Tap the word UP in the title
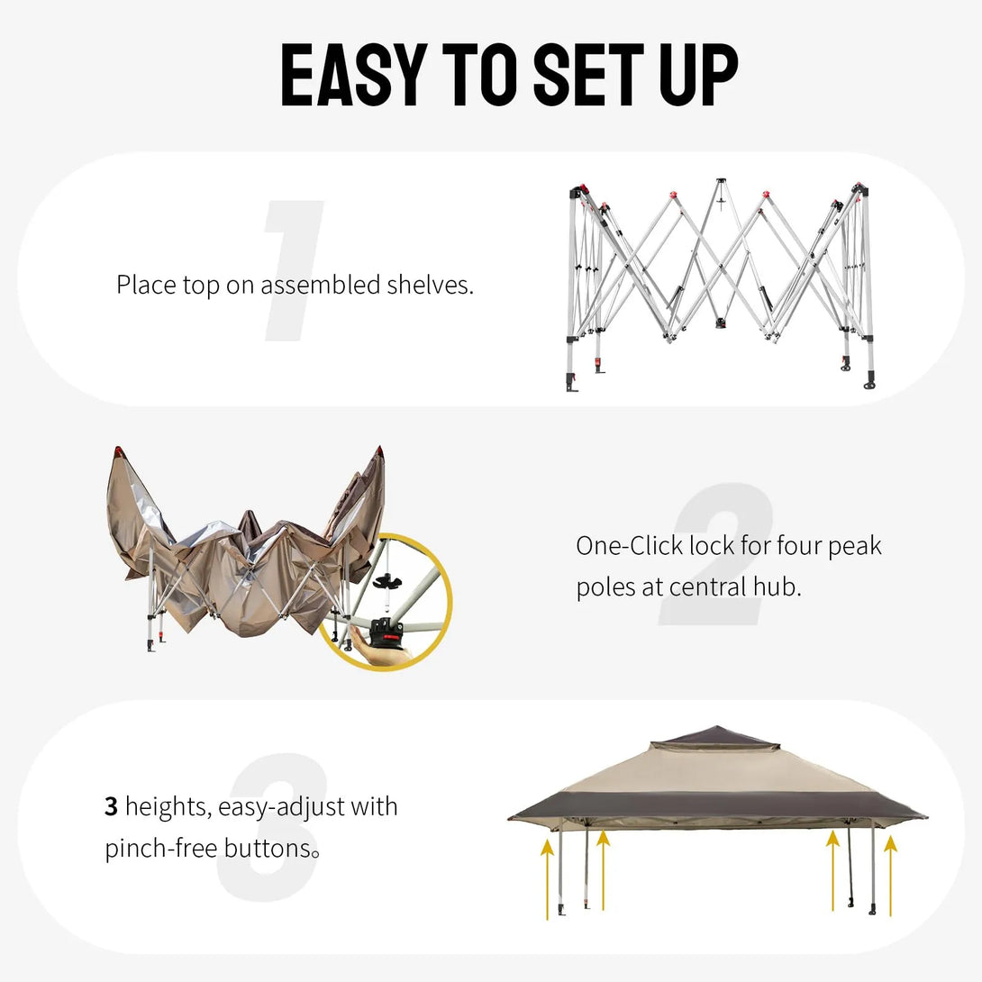click(x=697, y=75)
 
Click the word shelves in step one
click(x=430, y=286)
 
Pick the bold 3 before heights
click(x=112, y=806)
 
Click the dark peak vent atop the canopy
click(x=714, y=738)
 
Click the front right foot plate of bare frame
click(x=869, y=386)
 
